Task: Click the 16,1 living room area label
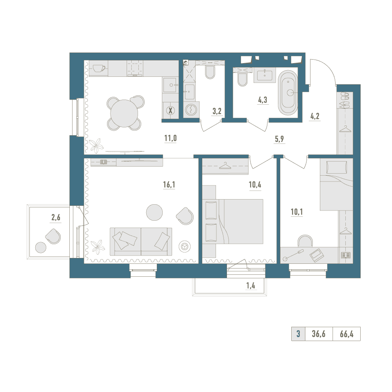pos(169,185)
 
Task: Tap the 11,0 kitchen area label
pos(171,138)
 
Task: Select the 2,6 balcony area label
pos(56,218)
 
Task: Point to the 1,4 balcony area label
pos(251,285)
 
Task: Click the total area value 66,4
pos(347,334)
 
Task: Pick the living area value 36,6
pos(318,334)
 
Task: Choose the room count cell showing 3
pos(298,334)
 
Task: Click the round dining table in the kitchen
pos(124,113)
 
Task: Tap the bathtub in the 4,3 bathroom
pos(288,93)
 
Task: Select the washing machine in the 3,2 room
pos(191,109)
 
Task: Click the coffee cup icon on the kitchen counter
pos(99,68)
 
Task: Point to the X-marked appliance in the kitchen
pos(171,110)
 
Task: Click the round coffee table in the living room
pos(154,212)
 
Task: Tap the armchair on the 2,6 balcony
pos(53,236)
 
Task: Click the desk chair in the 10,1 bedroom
pos(305,241)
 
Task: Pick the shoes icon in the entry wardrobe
pos(345,100)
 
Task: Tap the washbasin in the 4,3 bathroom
pos(265,75)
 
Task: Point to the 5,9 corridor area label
pos(279,139)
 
